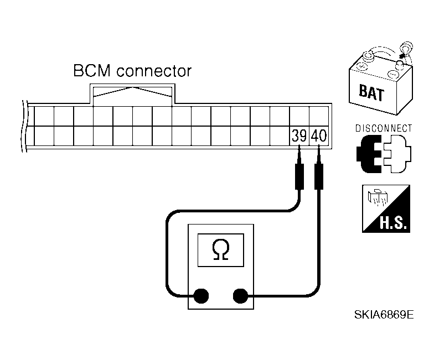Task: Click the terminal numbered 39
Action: click(299, 136)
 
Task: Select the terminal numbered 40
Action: click(319, 136)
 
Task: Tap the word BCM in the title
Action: click(92, 71)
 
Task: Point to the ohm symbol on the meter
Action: click(220, 250)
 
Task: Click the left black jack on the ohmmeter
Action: click(201, 296)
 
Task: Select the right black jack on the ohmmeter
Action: click(240, 296)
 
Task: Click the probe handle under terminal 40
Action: click(319, 176)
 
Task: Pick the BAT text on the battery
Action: click(371, 93)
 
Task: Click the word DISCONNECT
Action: click(384, 128)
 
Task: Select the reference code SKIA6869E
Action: click(384, 315)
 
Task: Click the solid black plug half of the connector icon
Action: click(368, 154)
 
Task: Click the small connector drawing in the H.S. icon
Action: click(378, 197)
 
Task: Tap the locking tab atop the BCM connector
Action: click(133, 94)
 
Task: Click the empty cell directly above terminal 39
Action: click(299, 116)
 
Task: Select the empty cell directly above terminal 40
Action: click(319, 116)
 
